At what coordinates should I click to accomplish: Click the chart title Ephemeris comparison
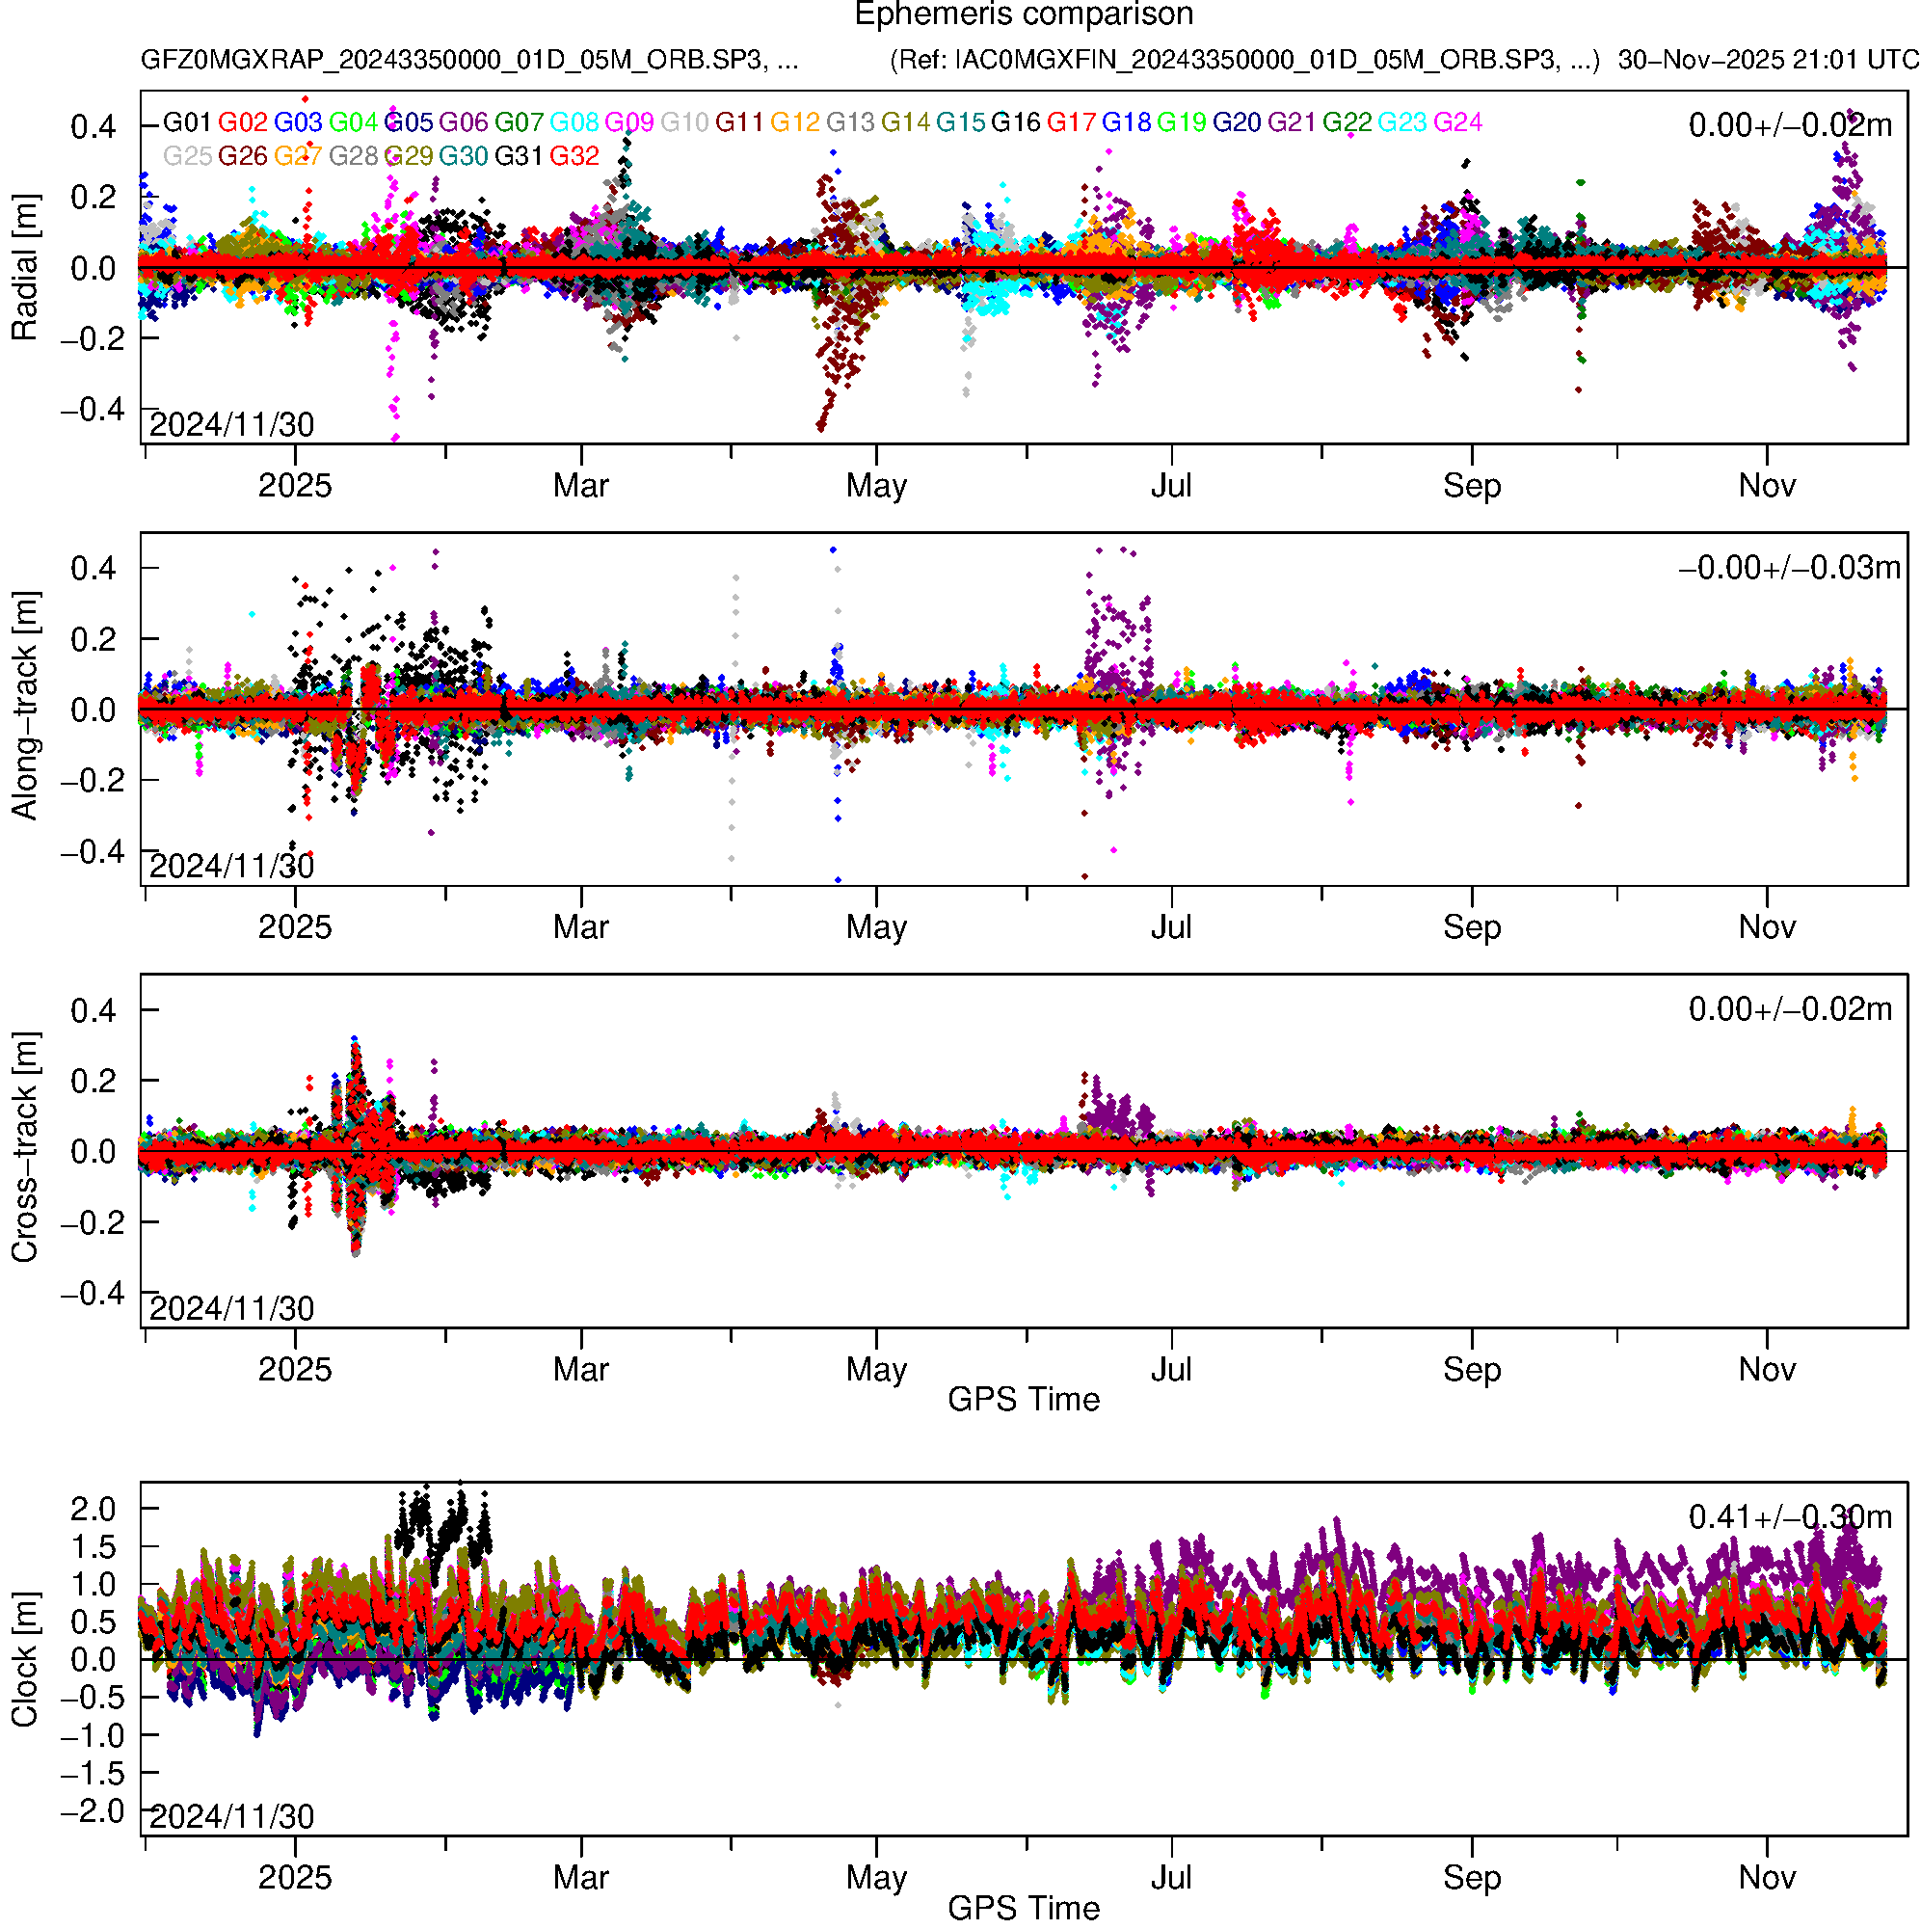1024,15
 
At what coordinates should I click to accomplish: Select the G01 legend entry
187,122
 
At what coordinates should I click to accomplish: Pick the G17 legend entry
1071,122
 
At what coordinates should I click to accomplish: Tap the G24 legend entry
1457,122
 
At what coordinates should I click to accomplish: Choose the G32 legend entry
574,157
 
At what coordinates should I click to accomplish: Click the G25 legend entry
187,157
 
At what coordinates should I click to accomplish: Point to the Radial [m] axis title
24,268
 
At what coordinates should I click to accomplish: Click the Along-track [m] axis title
24,706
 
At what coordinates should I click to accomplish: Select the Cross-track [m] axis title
24,1148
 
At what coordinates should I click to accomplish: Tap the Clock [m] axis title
24,1659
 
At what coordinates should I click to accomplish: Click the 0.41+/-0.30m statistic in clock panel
1789,1517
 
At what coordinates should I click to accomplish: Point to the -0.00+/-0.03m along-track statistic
1789,568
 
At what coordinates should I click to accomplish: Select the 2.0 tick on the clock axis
93,1509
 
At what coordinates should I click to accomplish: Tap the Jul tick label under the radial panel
1171,486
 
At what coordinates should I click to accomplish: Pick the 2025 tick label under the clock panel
295,1878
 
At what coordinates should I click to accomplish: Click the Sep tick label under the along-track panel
1472,927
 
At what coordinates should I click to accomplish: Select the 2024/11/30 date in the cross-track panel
231,1309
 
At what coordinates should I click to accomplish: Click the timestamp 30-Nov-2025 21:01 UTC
1767,60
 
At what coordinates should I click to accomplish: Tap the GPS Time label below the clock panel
1024,1909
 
